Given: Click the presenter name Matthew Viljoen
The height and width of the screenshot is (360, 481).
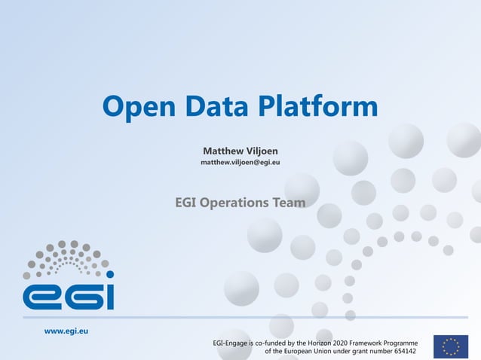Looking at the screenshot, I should (x=240, y=151).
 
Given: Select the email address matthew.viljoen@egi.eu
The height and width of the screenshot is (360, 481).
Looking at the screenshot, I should (x=240, y=163).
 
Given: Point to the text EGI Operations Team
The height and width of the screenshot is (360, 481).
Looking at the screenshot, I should (x=240, y=203).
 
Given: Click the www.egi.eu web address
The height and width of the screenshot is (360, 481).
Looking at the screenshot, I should (x=66, y=331).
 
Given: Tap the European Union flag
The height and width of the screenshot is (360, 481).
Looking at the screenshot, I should (x=451, y=346).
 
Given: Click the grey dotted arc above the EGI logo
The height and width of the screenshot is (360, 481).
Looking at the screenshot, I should (x=68, y=256).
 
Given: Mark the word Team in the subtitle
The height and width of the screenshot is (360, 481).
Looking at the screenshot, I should (x=290, y=203).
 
